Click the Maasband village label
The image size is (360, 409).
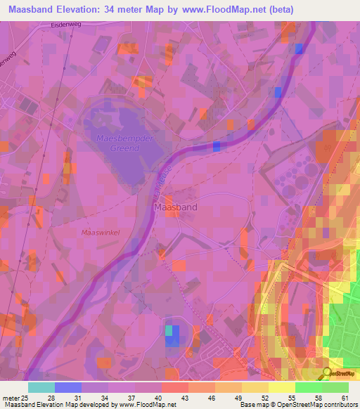coord(175,208)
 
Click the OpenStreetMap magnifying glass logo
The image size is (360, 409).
coord(327,372)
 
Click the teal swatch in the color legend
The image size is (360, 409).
coord(41,387)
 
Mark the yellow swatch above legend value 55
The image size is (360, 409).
coord(281,387)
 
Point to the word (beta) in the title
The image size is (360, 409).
coord(281,9)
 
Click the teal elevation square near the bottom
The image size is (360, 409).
coord(169,330)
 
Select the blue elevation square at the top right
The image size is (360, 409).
coord(300,48)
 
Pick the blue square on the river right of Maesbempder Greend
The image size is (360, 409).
coord(216,146)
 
